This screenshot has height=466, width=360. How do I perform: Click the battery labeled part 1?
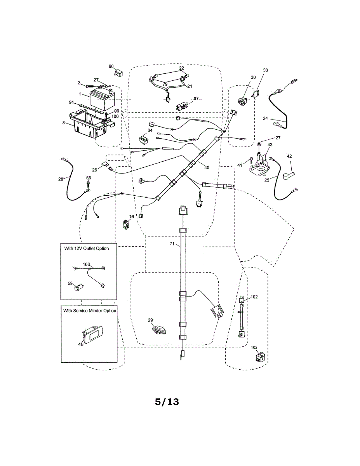[x=101, y=100]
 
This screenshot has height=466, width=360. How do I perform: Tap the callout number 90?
[x=111, y=66]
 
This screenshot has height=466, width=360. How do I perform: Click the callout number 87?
[x=196, y=98]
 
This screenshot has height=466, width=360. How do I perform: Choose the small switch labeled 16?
[x=126, y=224]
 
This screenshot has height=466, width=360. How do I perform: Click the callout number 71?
[x=172, y=243]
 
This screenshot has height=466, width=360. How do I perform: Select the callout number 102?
[x=254, y=297]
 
